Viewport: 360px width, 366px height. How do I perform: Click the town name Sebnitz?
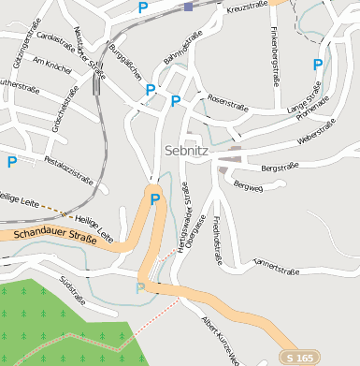coord(185,149)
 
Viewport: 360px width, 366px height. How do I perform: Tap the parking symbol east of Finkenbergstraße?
coord(318,65)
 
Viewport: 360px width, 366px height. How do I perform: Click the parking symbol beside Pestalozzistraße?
coord(11,161)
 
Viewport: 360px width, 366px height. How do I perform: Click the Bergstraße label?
coord(279,168)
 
